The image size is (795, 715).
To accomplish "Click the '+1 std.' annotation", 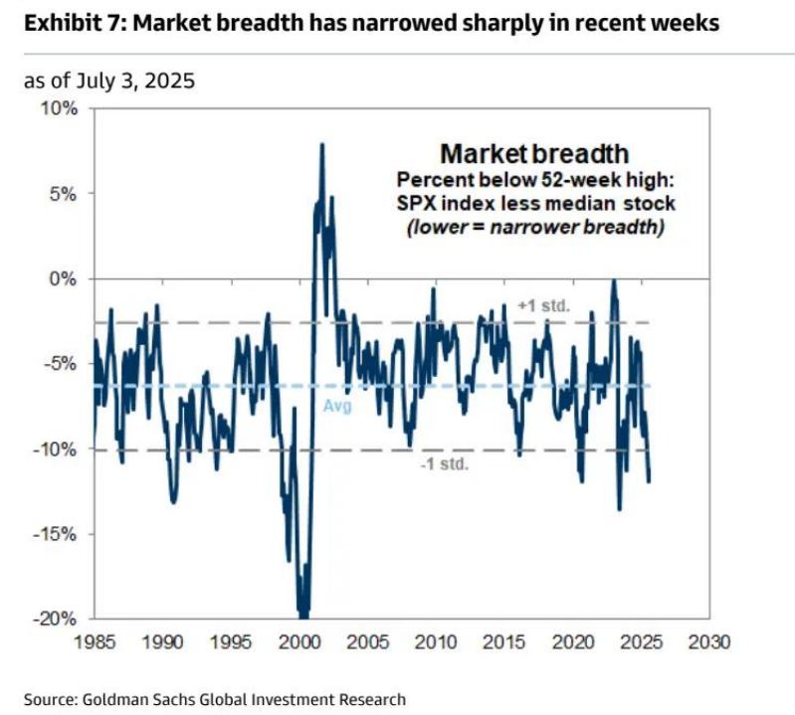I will [x=543, y=305].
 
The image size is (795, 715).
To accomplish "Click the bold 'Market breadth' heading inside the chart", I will [x=534, y=154].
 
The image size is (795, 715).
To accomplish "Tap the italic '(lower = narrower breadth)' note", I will [x=534, y=227].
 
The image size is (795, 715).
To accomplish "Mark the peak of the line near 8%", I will [x=321, y=145].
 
